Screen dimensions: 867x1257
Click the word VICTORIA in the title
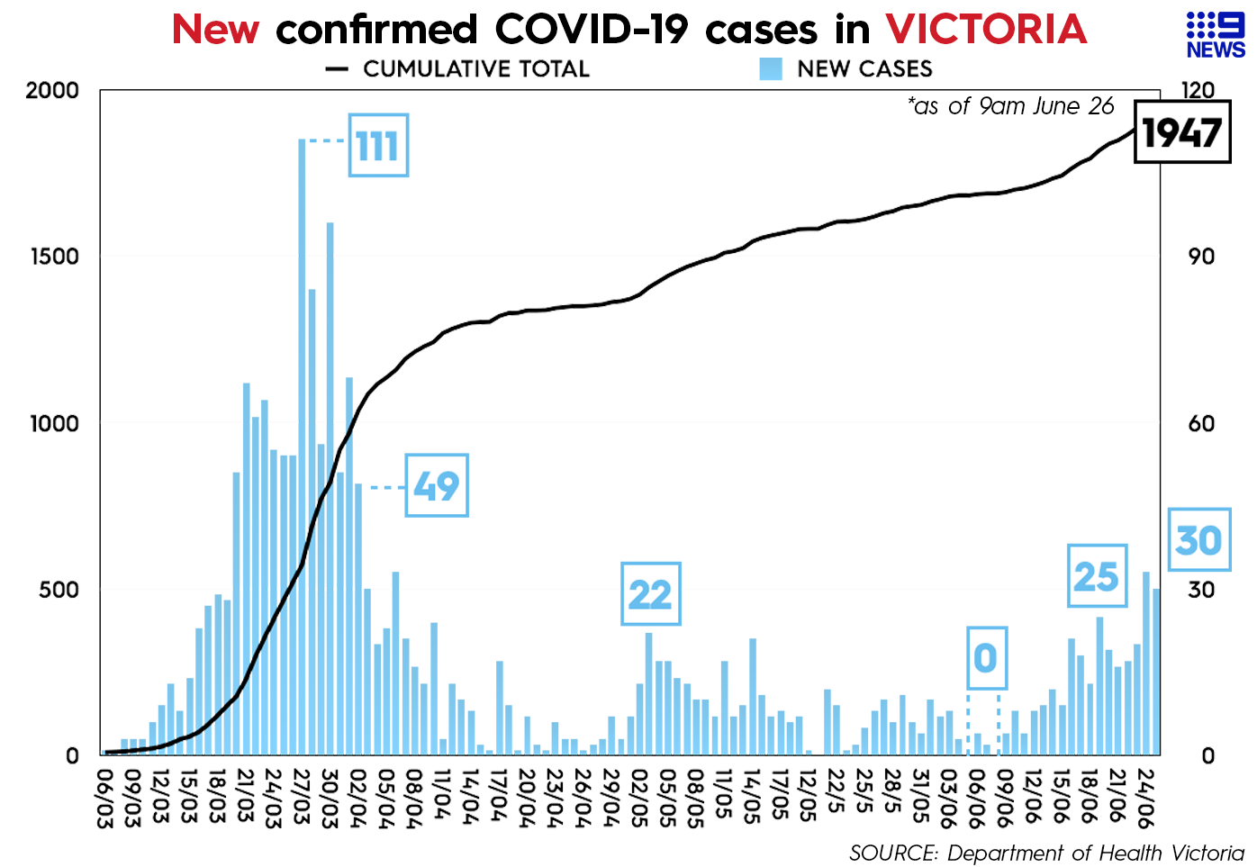[x=986, y=29]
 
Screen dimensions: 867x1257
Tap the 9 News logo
[x=1216, y=36]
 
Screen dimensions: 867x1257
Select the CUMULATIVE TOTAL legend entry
[x=459, y=69]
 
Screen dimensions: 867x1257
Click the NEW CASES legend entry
[x=846, y=69]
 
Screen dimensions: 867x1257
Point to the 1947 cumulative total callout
[x=1181, y=133]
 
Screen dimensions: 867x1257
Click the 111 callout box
[x=378, y=145]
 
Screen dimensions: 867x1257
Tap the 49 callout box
[x=437, y=485]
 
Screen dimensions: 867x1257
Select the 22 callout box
[x=650, y=594]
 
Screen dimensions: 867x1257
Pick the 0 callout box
[x=986, y=658]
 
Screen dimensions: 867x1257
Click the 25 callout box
[x=1097, y=576]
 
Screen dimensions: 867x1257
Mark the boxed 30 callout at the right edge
[x=1198, y=539]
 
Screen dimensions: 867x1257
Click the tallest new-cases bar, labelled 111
[x=303, y=450]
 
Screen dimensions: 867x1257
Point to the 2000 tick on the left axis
[x=52, y=91]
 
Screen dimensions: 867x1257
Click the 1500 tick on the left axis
[x=52, y=257]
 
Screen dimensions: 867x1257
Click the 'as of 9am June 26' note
[x=1011, y=106]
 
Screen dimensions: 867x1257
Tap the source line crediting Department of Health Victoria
[x=1046, y=853]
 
